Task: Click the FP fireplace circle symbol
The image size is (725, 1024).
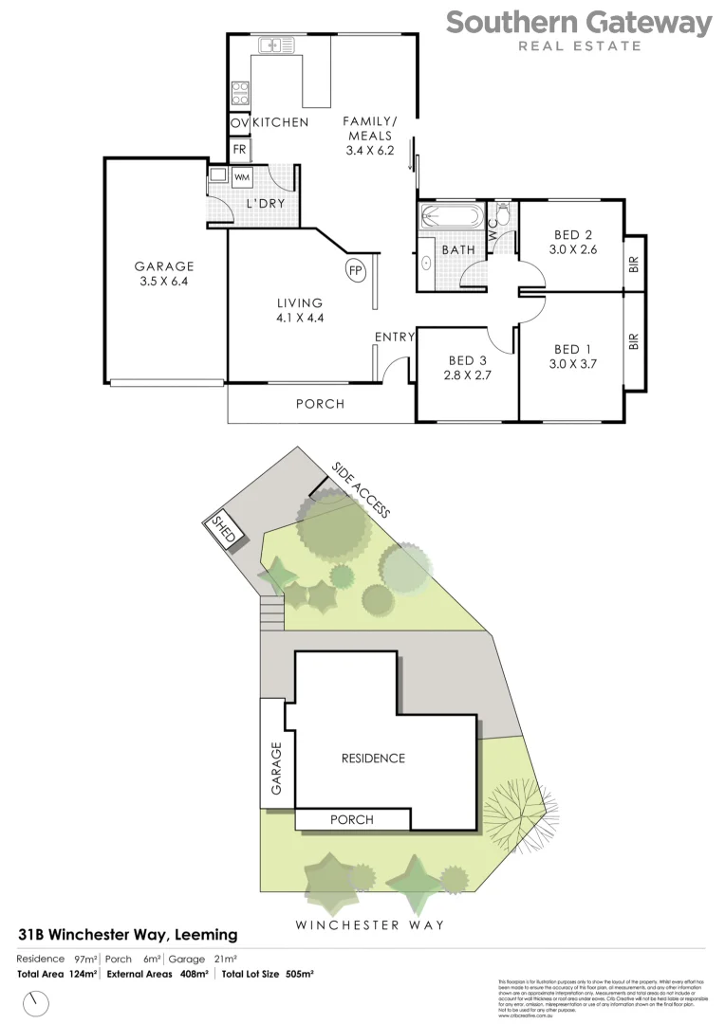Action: click(355, 270)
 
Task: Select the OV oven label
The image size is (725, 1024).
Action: click(238, 123)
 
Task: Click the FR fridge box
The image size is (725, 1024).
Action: click(238, 150)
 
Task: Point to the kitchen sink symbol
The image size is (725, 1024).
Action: click(273, 44)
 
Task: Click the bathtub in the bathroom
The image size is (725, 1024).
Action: click(452, 215)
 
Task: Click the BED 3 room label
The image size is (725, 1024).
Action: click(467, 368)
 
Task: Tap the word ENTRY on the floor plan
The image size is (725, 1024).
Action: click(394, 337)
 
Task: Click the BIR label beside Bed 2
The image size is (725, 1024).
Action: click(634, 265)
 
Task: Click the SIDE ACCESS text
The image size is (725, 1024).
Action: click(361, 489)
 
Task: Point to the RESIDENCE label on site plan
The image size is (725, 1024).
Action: click(374, 759)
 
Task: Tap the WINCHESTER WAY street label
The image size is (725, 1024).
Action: click(369, 924)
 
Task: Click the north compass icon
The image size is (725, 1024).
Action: click(38, 1001)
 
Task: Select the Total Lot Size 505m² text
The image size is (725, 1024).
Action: click(269, 974)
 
